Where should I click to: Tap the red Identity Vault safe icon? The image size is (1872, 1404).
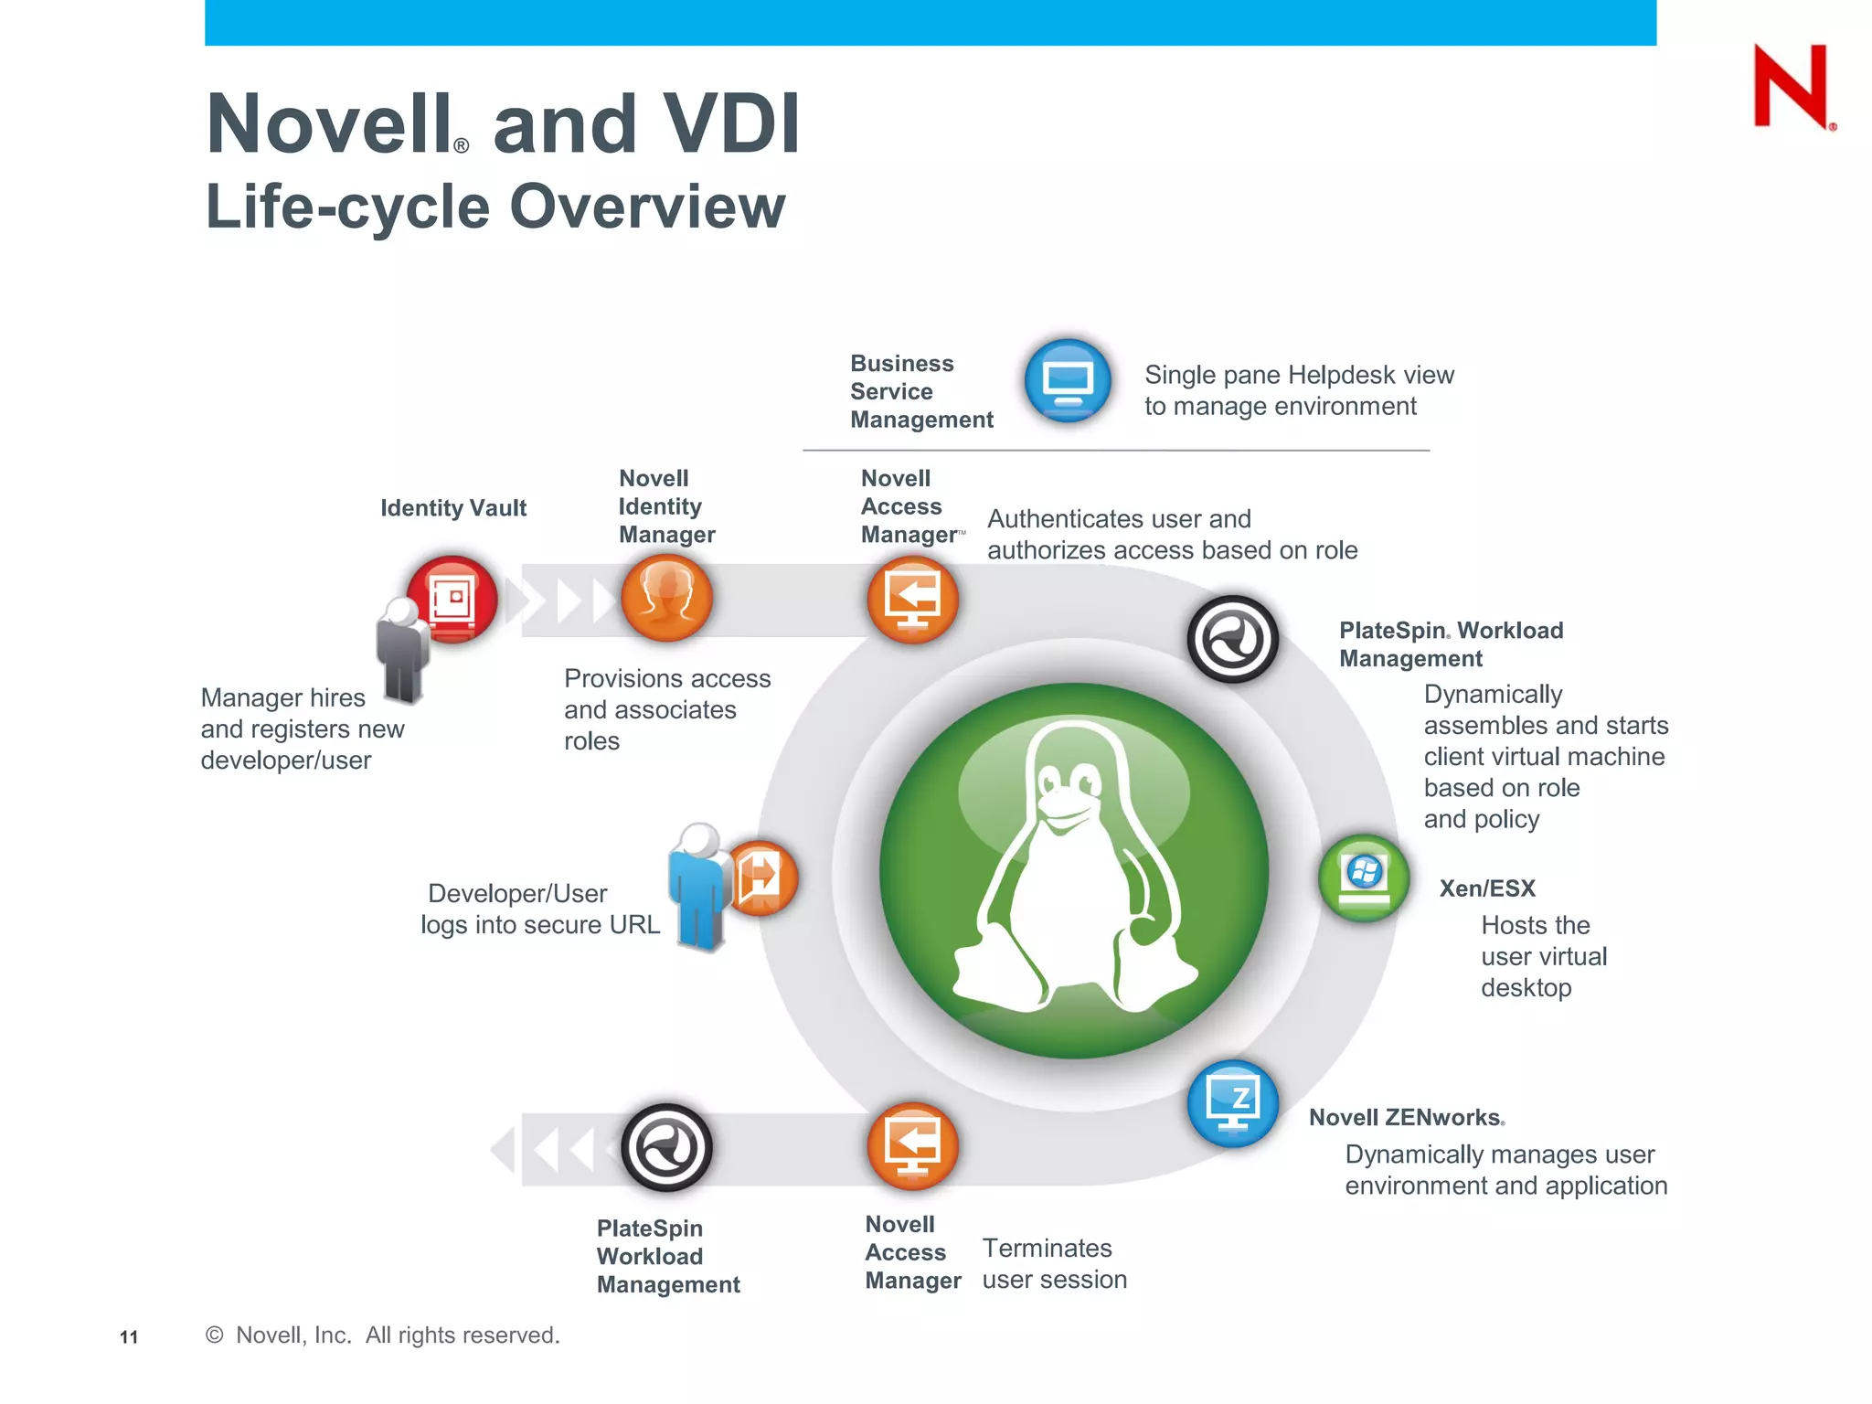(452, 599)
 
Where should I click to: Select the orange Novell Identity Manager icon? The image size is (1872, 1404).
(666, 598)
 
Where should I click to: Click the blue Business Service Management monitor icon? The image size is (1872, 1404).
(1068, 380)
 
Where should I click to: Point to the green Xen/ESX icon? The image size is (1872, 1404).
(1364, 877)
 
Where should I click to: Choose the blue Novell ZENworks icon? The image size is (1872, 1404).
(1232, 1103)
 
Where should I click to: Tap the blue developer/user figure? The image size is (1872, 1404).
(700, 887)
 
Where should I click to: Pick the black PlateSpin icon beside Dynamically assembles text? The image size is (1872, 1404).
(1232, 639)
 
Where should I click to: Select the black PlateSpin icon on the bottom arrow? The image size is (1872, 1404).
(666, 1147)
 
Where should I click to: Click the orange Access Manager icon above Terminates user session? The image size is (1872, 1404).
(912, 1146)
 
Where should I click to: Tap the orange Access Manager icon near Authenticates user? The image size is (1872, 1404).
(912, 601)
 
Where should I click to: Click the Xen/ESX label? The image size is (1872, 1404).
(1487, 888)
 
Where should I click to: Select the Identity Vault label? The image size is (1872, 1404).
(453, 508)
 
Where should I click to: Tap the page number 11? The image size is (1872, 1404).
(129, 1337)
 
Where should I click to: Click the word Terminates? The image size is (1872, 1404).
(1047, 1249)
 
